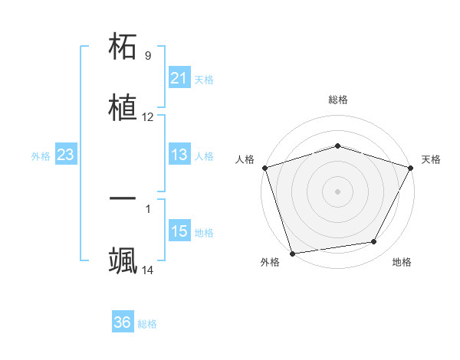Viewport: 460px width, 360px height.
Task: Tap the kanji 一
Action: coord(123,198)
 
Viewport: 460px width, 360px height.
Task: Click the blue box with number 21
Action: coord(179,78)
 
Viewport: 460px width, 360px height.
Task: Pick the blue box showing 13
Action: coord(179,155)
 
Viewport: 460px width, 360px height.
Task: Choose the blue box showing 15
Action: coord(179,232)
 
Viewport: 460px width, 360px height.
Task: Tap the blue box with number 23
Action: coord(65,155)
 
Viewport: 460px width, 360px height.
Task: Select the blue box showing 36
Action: coord(122,323)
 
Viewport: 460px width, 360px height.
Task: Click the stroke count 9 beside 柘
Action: coord(148,56)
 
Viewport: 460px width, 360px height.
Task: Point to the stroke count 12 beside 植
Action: coord(148,117)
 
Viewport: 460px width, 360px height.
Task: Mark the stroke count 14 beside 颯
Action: coord(148,270)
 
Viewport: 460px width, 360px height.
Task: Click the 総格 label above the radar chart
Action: coord(337,100)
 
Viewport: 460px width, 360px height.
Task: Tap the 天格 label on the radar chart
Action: coord(431,159)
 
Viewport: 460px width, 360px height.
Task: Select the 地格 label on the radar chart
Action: coord(402,262)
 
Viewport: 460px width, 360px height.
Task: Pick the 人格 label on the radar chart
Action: coord(245,159)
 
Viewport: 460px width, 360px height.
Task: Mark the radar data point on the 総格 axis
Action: coord(337,146)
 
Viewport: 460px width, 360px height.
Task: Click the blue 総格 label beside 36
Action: coord(147,324)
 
